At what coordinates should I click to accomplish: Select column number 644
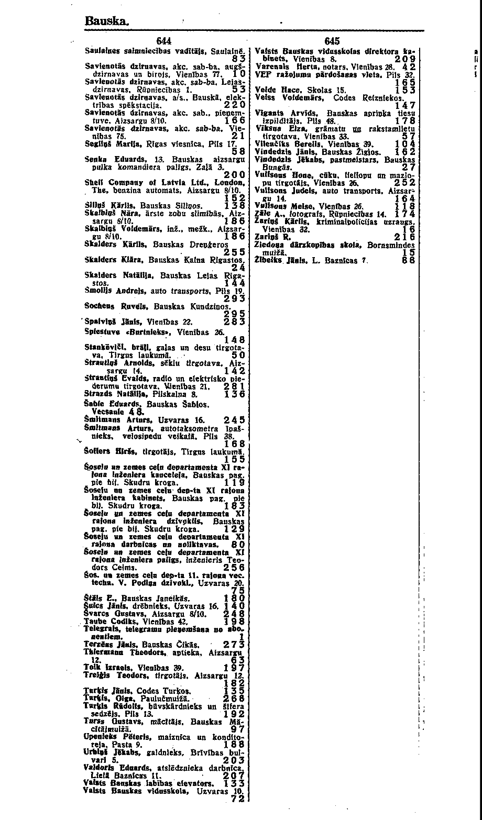165,42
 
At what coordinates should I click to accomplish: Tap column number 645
333,42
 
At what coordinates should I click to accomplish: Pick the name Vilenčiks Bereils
285,143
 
